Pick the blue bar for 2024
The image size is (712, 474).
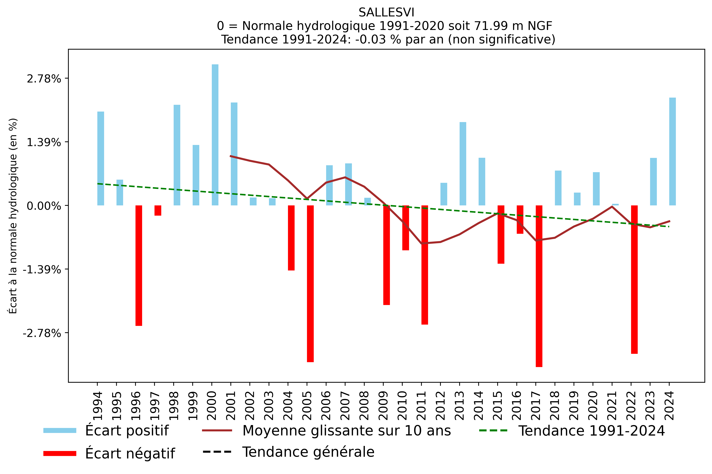[672, 151]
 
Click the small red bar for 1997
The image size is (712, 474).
[158, 210]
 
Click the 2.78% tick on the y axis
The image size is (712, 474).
[44, 79]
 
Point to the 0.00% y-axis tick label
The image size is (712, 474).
[44, 206]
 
